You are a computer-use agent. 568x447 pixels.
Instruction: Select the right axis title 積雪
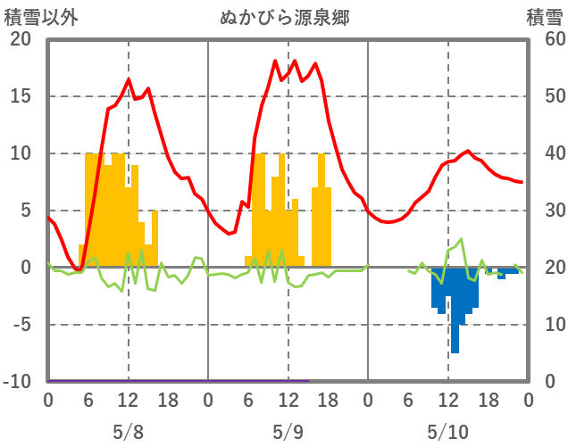(x=544, y=16)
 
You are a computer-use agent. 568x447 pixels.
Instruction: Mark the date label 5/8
(x=128, y=432)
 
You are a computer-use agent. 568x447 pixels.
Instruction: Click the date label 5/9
(x=288, y=432)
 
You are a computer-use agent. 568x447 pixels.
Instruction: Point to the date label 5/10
(x=447, y=432)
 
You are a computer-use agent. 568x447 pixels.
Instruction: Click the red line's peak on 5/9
(x=295, y=61)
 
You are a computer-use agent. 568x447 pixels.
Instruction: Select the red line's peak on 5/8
(x=129, y=79)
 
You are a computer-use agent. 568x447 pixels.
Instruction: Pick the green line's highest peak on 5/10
(x=462, y=238)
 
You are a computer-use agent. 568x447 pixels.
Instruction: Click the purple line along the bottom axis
(x=179, y=380)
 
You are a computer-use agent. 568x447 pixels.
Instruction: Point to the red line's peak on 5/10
(x=468, y=151)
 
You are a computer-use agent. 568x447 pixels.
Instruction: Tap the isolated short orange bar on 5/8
(x=155, y=237)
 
